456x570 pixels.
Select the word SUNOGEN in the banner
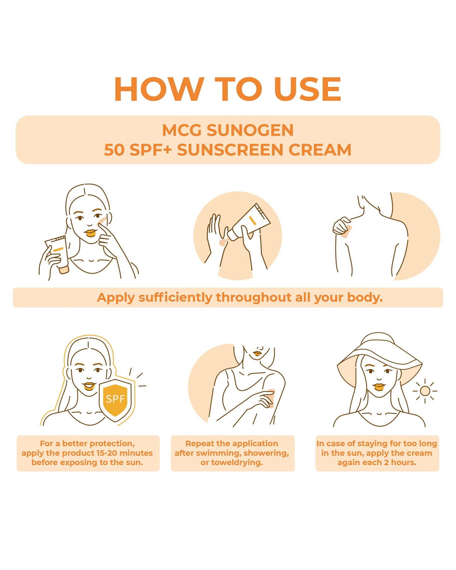click(250, 130)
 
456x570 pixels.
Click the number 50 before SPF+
click(114, 150)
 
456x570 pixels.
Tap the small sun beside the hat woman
click(425, 391)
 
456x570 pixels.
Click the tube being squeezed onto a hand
click(249, 222)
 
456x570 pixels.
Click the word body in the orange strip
click(364, 298)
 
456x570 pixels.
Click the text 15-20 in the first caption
click(107, 453)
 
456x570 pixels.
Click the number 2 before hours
click(386, 463)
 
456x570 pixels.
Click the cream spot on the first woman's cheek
click(103, 221)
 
